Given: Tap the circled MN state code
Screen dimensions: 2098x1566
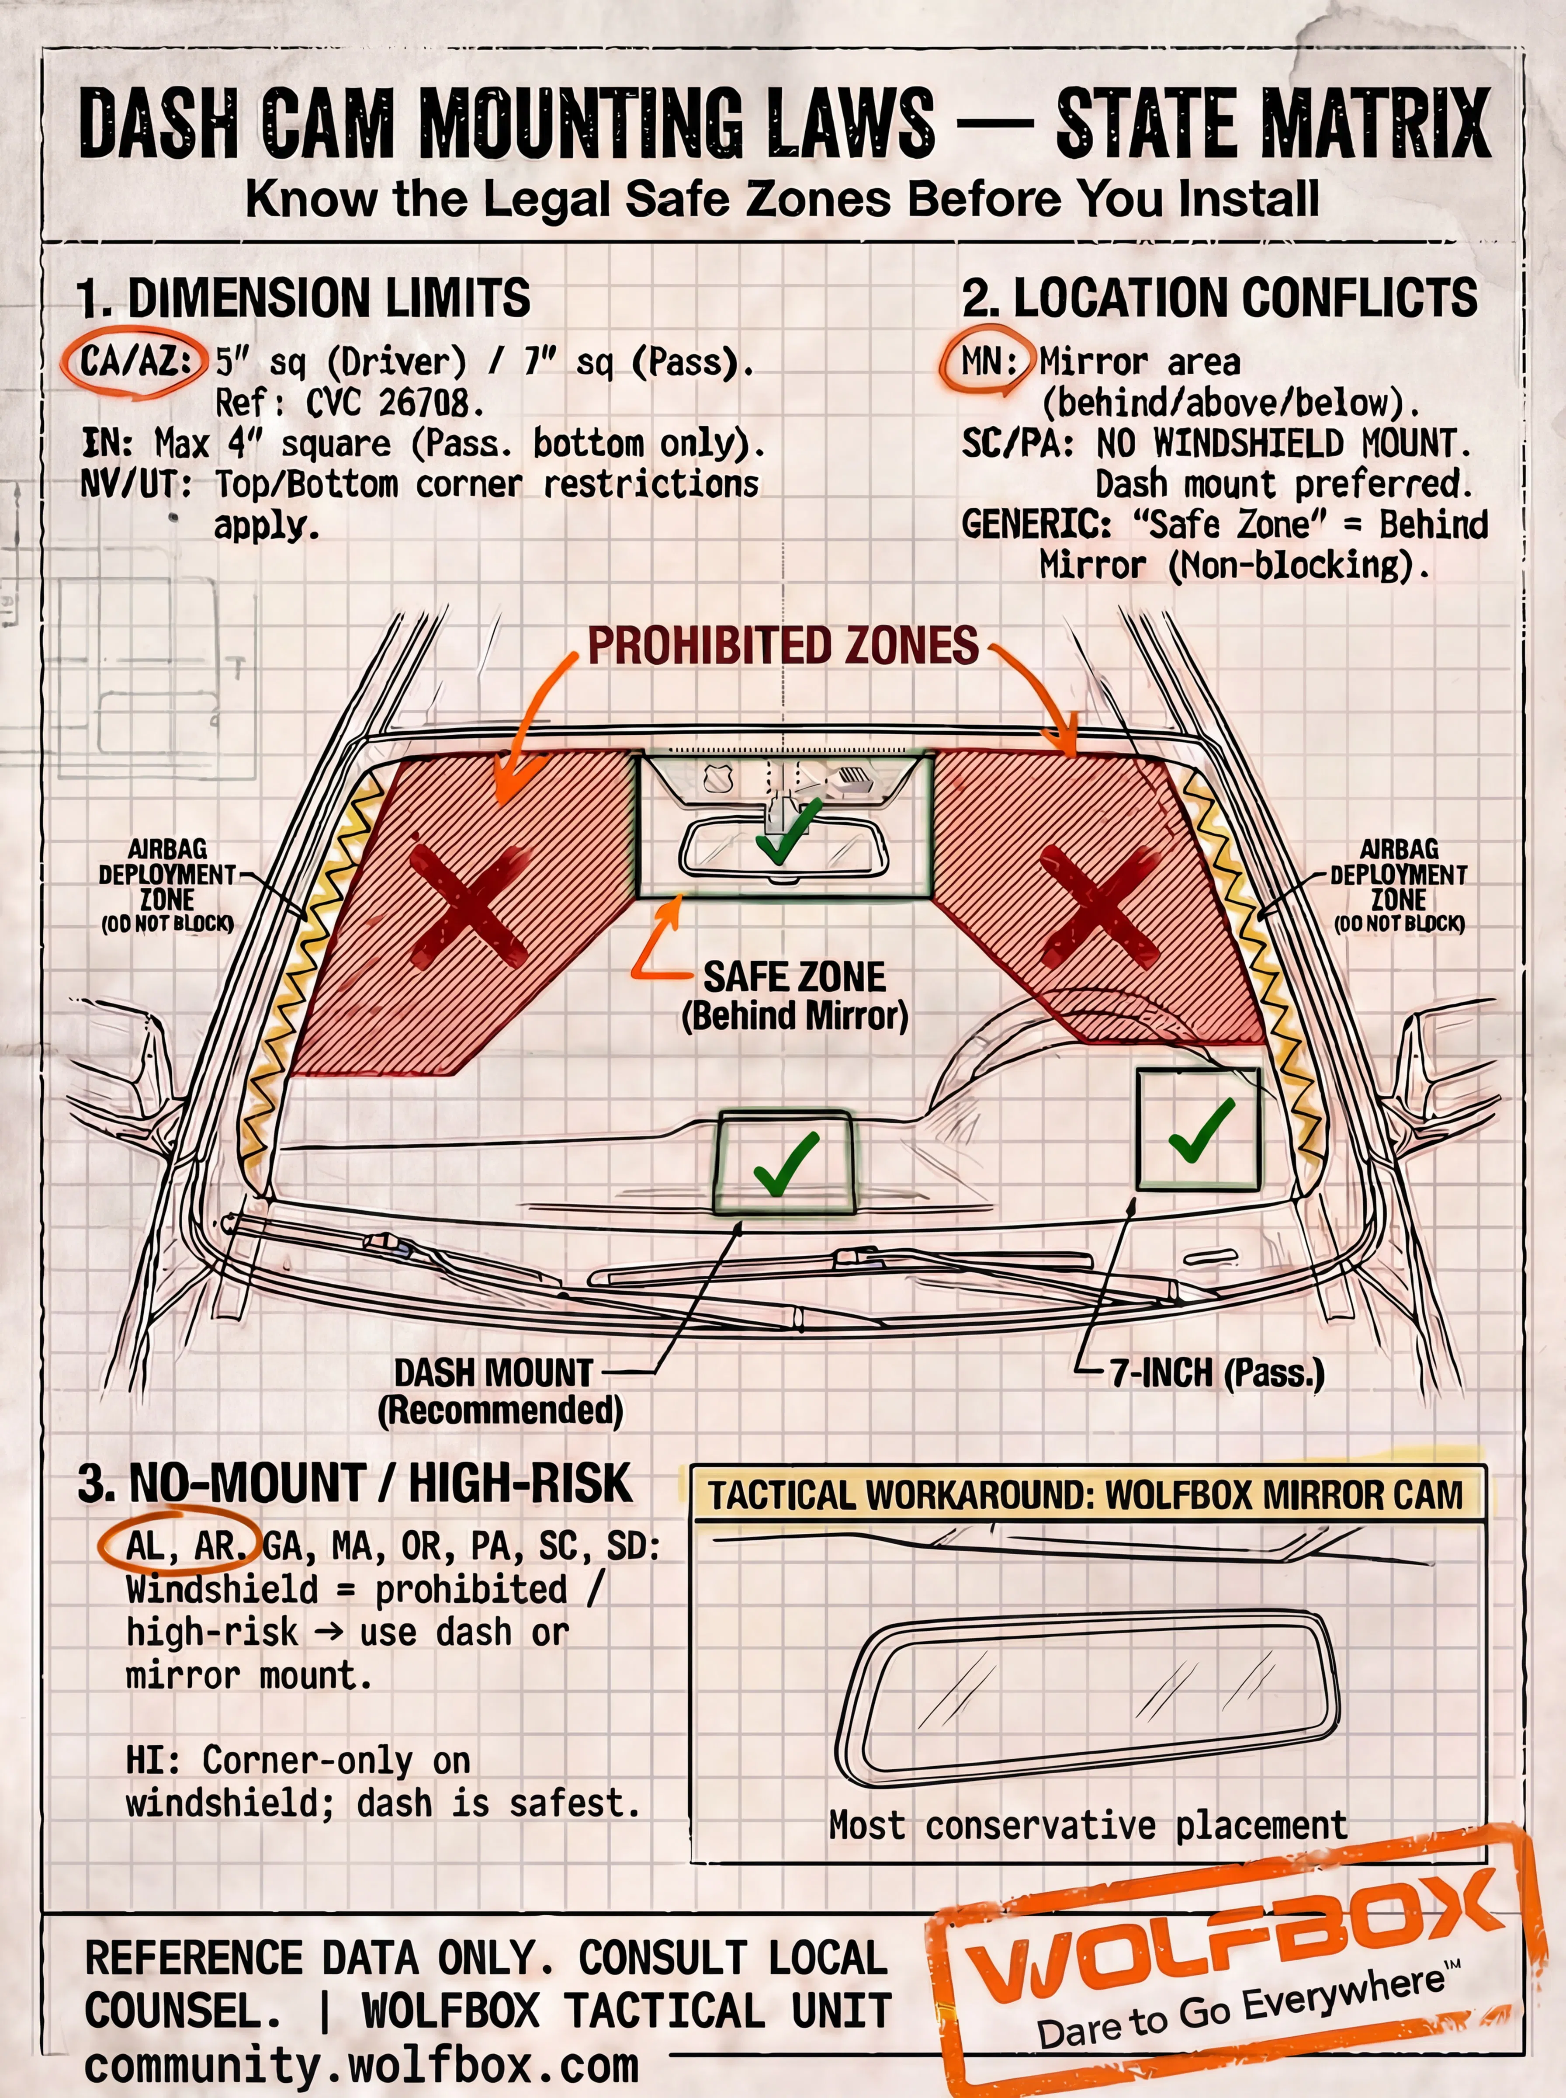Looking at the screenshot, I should point(986,361).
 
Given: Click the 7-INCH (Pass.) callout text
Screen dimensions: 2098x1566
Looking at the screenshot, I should point(1217,1373).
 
